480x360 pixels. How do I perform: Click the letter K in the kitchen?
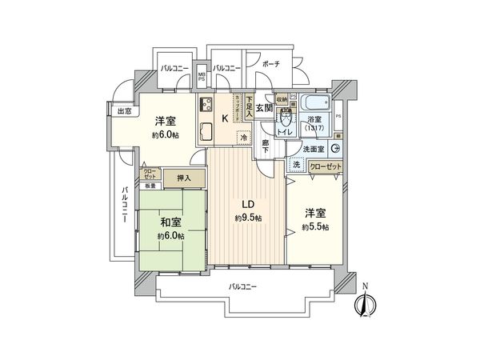pos(225,118)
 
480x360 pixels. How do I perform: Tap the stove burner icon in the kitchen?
pos(206,106)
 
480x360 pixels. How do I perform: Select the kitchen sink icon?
pos(205,133)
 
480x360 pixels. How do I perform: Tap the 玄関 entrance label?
pos(264,107)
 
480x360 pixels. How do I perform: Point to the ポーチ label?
pos(270,64)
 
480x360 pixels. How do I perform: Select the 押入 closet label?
pos(183,178)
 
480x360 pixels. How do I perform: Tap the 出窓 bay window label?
pos(123,111)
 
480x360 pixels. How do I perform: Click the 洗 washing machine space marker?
pos(295,164)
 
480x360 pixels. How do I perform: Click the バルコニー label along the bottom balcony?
pos(242,286)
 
